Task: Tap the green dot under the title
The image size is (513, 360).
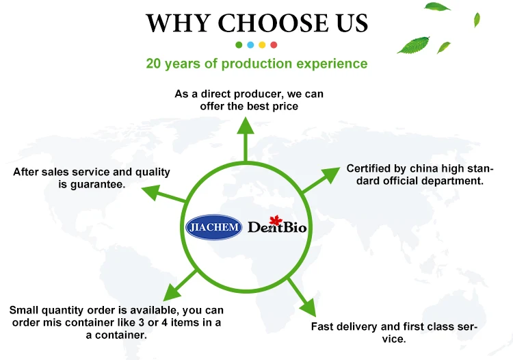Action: [239, 45]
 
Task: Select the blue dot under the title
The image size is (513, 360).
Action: [250, 45]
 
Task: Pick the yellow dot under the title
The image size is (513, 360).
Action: [262, 45]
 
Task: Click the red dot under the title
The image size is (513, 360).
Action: [274, 45]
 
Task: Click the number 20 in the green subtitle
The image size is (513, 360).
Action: [154, 64]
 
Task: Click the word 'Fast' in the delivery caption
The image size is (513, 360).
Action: [323, 327]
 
